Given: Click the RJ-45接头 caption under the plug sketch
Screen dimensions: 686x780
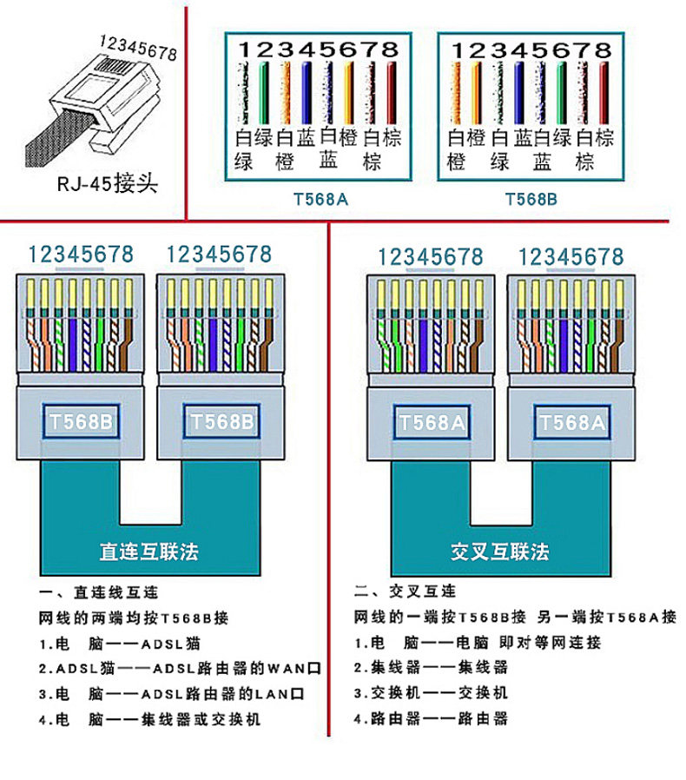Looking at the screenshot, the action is pos(108,183).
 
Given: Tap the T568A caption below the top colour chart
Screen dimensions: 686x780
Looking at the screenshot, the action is pos(321,200).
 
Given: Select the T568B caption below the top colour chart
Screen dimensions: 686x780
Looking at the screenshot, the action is pos(531,200).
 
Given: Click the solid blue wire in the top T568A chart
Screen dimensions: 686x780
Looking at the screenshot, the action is pos(307,93).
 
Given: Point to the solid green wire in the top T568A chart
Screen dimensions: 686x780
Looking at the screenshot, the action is pos(264,93).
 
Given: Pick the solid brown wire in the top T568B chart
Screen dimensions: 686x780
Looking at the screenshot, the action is pos(604,93).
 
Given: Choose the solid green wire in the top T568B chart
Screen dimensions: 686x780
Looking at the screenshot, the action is pos(561,93).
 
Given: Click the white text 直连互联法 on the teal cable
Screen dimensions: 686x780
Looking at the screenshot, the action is pos(148,552).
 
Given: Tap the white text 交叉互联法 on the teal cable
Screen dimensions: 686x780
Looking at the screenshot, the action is pos(499,552).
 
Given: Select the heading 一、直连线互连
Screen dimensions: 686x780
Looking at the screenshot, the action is pos(98,592).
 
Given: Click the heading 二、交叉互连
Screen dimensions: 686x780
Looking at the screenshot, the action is pos(405,591).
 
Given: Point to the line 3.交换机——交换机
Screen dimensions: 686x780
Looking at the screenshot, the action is pos(431,692).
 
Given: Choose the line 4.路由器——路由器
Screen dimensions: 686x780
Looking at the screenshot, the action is pos(431,717).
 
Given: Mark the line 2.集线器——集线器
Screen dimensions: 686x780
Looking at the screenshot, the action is pos(431,667).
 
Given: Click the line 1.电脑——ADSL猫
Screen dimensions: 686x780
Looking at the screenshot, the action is pos(120,644).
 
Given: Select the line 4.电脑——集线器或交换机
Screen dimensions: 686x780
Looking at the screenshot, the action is pos(149,719).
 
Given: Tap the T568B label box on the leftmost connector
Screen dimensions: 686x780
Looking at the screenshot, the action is pos(81,422).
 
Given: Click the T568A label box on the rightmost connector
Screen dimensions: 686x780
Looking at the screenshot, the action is pos(572,423).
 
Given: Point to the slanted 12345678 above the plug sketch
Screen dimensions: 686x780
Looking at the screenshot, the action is pos(138,48).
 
